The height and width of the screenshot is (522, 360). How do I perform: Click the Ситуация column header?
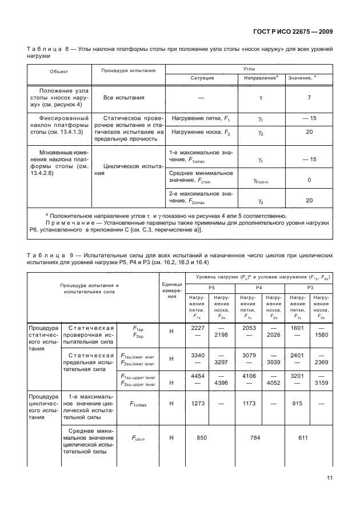click(x=202, y=77)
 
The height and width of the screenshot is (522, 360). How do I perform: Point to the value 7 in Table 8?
click(x=309, y=98)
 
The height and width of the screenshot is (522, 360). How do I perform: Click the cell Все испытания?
click(x=123, y=98)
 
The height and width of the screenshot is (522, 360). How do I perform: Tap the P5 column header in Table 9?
click(x=211, y=287)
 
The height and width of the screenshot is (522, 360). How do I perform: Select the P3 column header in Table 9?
click(x=310, y=287)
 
